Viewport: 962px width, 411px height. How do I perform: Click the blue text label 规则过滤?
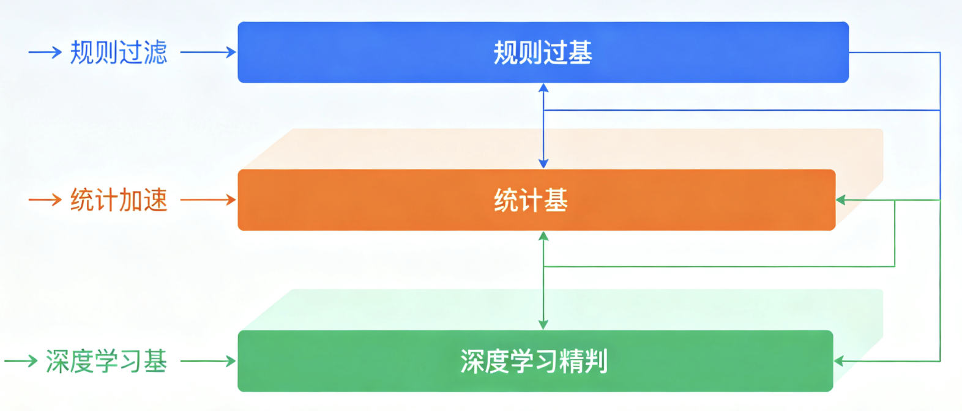coord(119,53)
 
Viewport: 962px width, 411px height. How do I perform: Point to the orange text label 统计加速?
coord(119,200)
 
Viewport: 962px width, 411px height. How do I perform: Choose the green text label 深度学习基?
coord(106,361)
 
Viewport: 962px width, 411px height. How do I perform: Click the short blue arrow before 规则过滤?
coord(45,53)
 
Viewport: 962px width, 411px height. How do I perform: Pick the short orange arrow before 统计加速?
coord(45,200)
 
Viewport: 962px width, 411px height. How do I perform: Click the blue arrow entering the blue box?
coord(208,53)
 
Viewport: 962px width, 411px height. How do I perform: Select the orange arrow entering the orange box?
coord(208,200)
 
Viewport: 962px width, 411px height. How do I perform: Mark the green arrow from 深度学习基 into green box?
coord(208,361)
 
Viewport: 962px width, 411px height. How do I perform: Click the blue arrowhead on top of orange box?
coord(543,163)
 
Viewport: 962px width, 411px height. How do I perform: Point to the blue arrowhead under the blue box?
coord(543,88)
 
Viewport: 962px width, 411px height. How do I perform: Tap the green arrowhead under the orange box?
coord(543,236)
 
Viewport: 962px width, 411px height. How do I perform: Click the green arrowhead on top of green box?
coord(543,325)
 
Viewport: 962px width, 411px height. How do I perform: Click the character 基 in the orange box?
coord(556,201)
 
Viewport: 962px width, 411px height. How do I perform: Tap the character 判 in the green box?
coord(596,361)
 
